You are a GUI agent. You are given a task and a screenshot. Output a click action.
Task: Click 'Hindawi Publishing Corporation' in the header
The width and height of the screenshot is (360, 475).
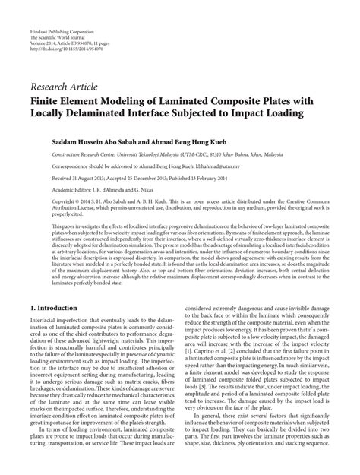pos(55,9)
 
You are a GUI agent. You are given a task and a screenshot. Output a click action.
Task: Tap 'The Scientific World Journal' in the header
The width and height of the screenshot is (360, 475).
pos(54,16)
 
